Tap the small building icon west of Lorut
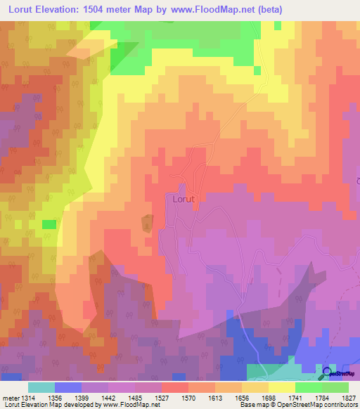coord(146,223)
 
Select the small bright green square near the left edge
coord(49,224)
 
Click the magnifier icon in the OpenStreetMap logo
coord(328,373)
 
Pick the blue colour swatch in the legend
coord(67,387)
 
